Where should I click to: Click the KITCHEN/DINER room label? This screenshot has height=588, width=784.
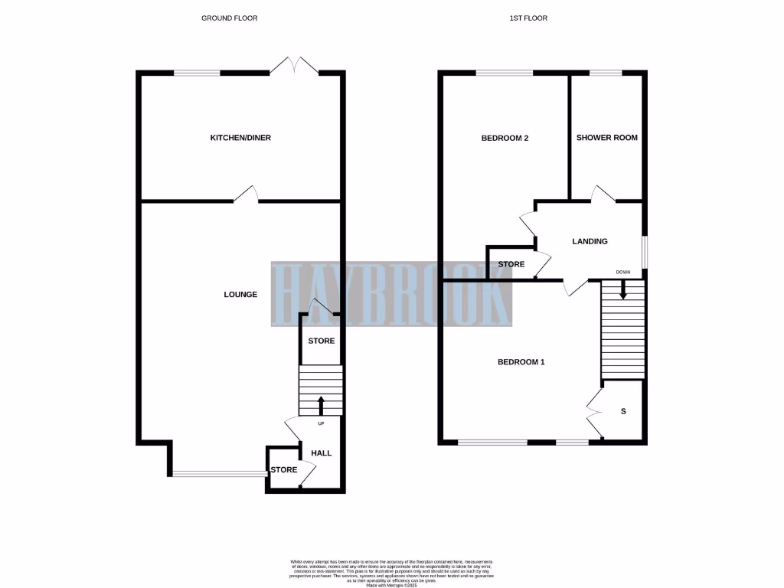click(x=240, y=138)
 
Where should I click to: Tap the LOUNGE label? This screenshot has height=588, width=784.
click(x=240, y=295)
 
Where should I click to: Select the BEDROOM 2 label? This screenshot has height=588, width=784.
click(x=505, y=138)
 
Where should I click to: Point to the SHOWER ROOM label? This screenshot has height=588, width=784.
click(x=607, y=138)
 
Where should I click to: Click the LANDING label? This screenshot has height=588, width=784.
click(x=590, y=241)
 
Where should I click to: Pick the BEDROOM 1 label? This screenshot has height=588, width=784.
click(x=521, y=361)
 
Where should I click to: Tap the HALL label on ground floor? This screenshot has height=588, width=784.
click(x=322, y=453)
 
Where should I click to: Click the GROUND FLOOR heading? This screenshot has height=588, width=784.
click(x=230, y=18)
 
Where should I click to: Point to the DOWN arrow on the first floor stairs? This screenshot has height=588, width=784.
click(x=623, y=289)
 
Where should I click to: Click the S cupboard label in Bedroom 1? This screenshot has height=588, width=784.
click(x=623, y=411)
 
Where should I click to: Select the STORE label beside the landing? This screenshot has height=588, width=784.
click(x=511, y=264)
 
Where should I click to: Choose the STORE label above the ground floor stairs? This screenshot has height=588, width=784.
click(x=322, y=341)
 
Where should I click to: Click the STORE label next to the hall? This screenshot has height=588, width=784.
click(x=283, y=469)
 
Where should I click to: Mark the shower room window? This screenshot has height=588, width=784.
click(x=606, y=73)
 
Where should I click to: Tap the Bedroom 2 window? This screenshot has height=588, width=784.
click(x=505, y=73)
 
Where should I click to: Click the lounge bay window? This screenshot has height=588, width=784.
click(x=219, y=473)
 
